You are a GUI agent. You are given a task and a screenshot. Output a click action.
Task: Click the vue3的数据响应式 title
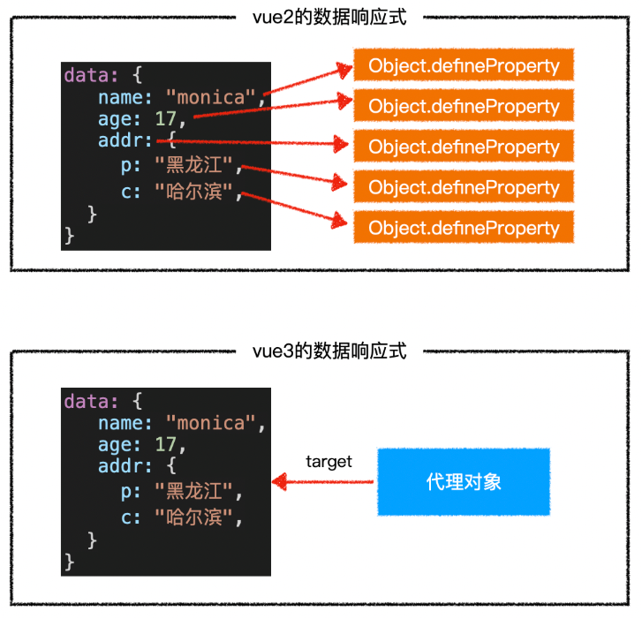click(x=329, y=351)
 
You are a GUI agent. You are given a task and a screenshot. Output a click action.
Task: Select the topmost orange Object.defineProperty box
click(x=464, y=66)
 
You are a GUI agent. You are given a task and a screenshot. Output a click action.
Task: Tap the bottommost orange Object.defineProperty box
click(x=464, y=228)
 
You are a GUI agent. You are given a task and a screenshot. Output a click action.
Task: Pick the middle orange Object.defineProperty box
click(x=464, y=147)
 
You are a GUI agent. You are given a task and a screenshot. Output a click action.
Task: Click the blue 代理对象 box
click(x=464, y=482)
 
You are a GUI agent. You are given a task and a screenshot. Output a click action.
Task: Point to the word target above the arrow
click(x=329, y=461)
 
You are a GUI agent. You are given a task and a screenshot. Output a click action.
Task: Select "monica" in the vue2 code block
click(x=210, y=97)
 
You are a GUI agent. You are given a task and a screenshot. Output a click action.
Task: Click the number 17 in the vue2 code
click(x=165, y=119)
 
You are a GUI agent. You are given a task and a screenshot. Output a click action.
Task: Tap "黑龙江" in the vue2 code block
click(x=193, y=165)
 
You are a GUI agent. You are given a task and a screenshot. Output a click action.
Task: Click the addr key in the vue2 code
click(x=125, y=141)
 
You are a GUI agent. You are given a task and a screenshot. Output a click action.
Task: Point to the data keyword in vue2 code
click(x=86, y=75)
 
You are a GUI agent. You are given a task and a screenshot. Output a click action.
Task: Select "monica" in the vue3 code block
click(x=210, y=423)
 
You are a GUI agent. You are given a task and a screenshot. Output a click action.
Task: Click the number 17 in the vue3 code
click(x=165, y=445)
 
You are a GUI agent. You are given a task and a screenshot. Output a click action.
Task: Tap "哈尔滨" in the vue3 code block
click(x=193, y=516)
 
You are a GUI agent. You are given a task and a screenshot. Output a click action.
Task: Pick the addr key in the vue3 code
click(x=125, y=467)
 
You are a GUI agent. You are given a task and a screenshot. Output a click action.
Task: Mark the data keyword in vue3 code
click(x=86, y=401)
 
